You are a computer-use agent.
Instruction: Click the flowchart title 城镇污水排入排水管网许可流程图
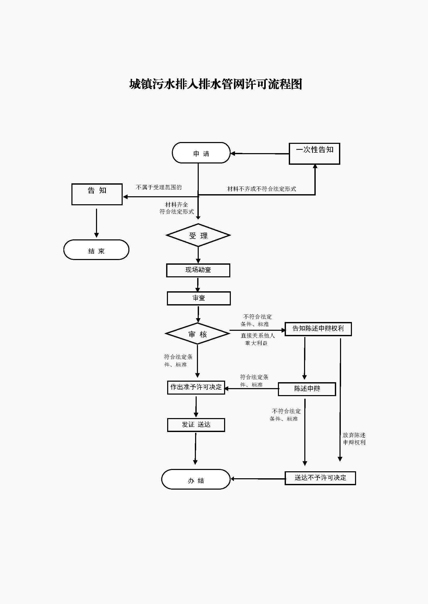(x=216, y=84)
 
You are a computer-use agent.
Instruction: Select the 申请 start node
(x=201, y=153)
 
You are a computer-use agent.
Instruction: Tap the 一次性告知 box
(x=314, y=154)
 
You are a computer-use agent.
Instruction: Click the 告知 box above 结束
(x=97, y=194)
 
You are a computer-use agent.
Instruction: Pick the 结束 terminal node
(x=96, y=250)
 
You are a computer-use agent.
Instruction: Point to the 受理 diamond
(x=198, y=235)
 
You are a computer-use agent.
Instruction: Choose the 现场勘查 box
(x=198, y=270)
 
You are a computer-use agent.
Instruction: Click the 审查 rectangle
(x=199, y=298)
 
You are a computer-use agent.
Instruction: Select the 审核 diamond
(x=197, y=334)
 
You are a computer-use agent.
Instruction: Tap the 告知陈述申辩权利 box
(x=318, y=329)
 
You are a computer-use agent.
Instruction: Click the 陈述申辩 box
(x=307, y=389)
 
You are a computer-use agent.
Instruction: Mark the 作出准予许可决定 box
(x=196, y=388)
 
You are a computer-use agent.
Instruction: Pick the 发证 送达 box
(x=196, y=425)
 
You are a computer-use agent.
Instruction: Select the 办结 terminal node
(x=196, y=479)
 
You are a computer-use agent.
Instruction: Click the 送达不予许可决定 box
(x=320, y=478)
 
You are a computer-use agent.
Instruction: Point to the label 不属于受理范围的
(x=159, y=187)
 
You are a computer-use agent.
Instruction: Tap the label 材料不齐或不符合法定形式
(x=262, y=189)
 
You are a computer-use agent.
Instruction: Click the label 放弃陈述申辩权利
(x=354, y=439)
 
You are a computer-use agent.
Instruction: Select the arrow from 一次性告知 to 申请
(x=260, y=154)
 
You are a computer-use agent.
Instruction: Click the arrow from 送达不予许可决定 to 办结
(x=258, y=479)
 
